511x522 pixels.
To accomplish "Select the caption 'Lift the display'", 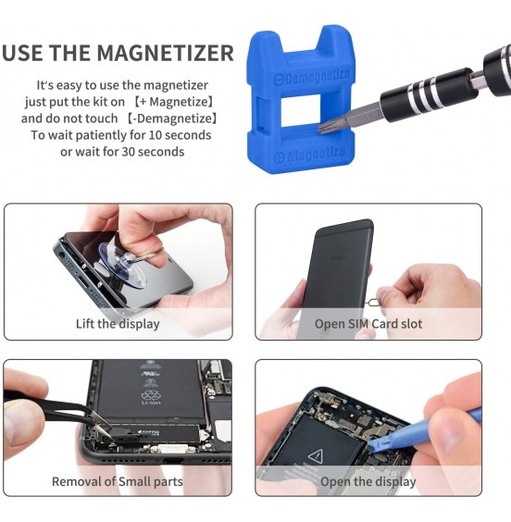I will coord(118,324).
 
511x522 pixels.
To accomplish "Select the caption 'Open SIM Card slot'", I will coord(368,324).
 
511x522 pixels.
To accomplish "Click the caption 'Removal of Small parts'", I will coord(118,481).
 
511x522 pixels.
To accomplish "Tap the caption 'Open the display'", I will coord(368,481).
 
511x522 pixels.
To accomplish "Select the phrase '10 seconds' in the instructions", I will coord(180,134).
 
